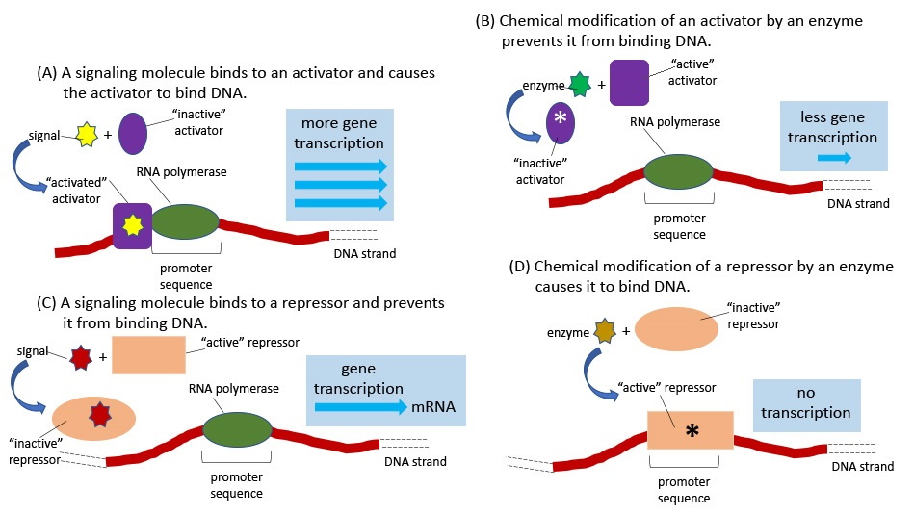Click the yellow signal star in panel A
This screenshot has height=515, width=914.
[x=83, y=135]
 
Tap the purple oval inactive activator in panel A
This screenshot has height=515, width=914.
[x=133, y=134]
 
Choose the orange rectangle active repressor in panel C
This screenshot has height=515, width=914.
[x=148, y=355]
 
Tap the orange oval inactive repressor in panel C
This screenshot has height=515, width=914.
[x=94, y=418]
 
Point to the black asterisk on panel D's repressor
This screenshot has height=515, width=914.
[x=691, y=430]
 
